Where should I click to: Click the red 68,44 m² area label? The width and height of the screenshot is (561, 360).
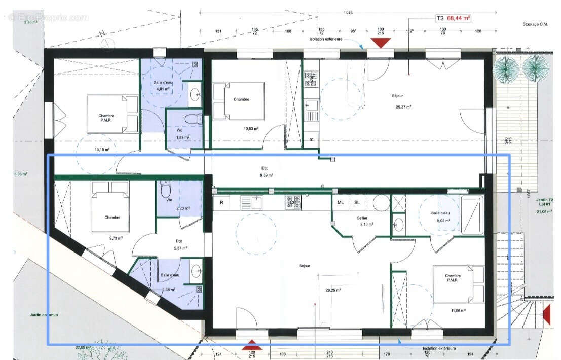pos(459,17)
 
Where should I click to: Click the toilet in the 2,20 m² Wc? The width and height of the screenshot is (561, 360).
pos(166,190)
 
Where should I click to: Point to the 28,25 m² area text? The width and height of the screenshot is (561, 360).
pos(332,290)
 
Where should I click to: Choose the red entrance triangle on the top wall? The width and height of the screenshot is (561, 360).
pos(380,43)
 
